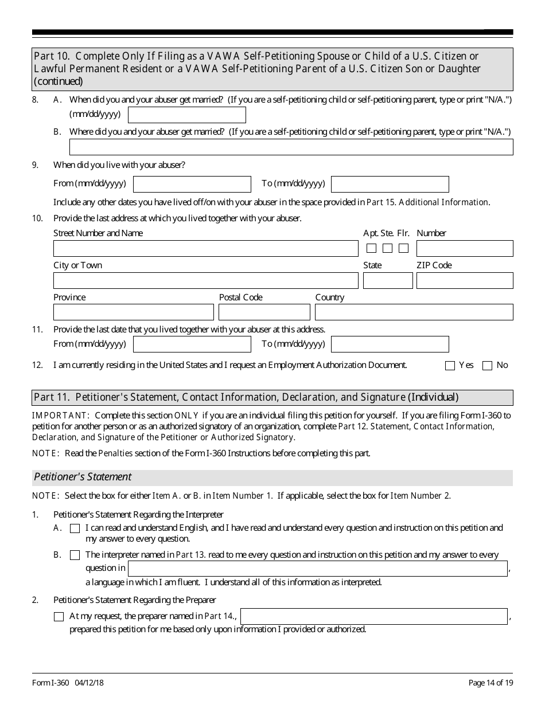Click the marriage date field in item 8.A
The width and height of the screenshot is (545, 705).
pos(186,115)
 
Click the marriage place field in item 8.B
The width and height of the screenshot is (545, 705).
pos(291,147)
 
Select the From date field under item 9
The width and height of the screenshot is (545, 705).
pos(192,184)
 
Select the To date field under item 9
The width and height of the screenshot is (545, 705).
pos(390,184)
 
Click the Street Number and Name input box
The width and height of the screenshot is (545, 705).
pos(205,249)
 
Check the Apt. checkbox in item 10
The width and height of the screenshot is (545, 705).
pos(371,249)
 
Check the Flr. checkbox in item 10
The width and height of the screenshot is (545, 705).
pos(403,249)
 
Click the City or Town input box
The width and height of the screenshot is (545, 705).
pos(205,281)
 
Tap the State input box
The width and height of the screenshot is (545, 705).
pos(388,281)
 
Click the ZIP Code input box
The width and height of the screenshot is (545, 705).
pos(464,281)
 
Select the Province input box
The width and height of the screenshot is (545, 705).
pos(133,312)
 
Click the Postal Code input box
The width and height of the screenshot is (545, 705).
pos(264,312)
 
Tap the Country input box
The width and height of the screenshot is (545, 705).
pos(414,312)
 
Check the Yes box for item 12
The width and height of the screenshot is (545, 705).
pos(450,366)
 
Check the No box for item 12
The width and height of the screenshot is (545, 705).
pos(488,366)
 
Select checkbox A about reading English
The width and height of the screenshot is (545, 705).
pos(75,528)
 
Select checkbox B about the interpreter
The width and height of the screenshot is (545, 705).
pos(75,555)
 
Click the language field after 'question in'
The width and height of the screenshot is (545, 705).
pos(317,569)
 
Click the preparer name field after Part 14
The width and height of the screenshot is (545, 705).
pos(374,616)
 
